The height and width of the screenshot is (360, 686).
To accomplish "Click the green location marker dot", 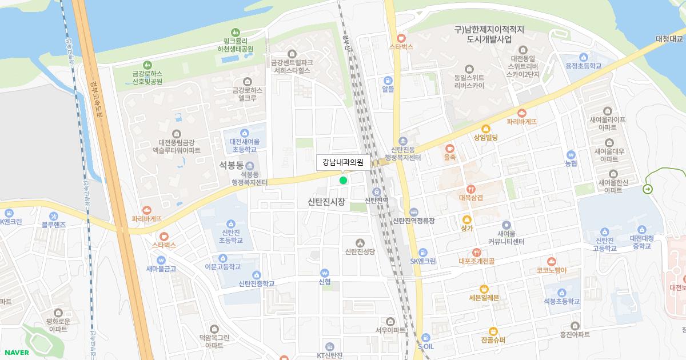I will [x=343, y=181].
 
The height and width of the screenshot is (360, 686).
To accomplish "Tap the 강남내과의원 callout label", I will [x=343, y=162].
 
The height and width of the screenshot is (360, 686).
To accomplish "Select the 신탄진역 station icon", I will [x=377, y=191].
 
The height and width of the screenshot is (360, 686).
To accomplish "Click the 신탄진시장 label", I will [x=326, y=202].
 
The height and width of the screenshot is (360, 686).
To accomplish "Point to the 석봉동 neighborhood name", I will [x=232, y=165].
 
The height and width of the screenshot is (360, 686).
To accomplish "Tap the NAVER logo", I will [x=16, y=352].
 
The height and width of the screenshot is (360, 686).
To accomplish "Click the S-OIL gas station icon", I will [x=425, y=337].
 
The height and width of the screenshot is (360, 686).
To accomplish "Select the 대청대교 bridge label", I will [x=669, y=39].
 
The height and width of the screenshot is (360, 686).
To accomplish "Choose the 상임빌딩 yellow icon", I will [x=486, y=129].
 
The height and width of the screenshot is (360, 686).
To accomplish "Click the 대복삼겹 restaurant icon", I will [x=471, y=189].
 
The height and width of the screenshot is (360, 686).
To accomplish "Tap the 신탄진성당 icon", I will [x=360, y=242].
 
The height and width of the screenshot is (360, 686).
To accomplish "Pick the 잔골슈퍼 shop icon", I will [x=493, y=331].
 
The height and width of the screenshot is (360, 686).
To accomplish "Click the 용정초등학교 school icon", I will [x=583, y=57].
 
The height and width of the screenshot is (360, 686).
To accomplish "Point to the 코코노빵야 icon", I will [x=551, y=261].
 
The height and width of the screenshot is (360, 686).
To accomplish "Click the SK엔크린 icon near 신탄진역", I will [x=422, y=252].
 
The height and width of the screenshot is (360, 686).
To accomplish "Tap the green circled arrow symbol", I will [x=648, y=189].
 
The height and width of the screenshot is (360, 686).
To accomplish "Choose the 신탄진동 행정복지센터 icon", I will [x=403, y=141].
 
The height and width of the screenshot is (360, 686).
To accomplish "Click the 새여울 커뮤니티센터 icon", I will [x=506, y=225].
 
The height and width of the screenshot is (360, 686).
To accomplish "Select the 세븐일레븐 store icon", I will [x=484, y=288].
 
